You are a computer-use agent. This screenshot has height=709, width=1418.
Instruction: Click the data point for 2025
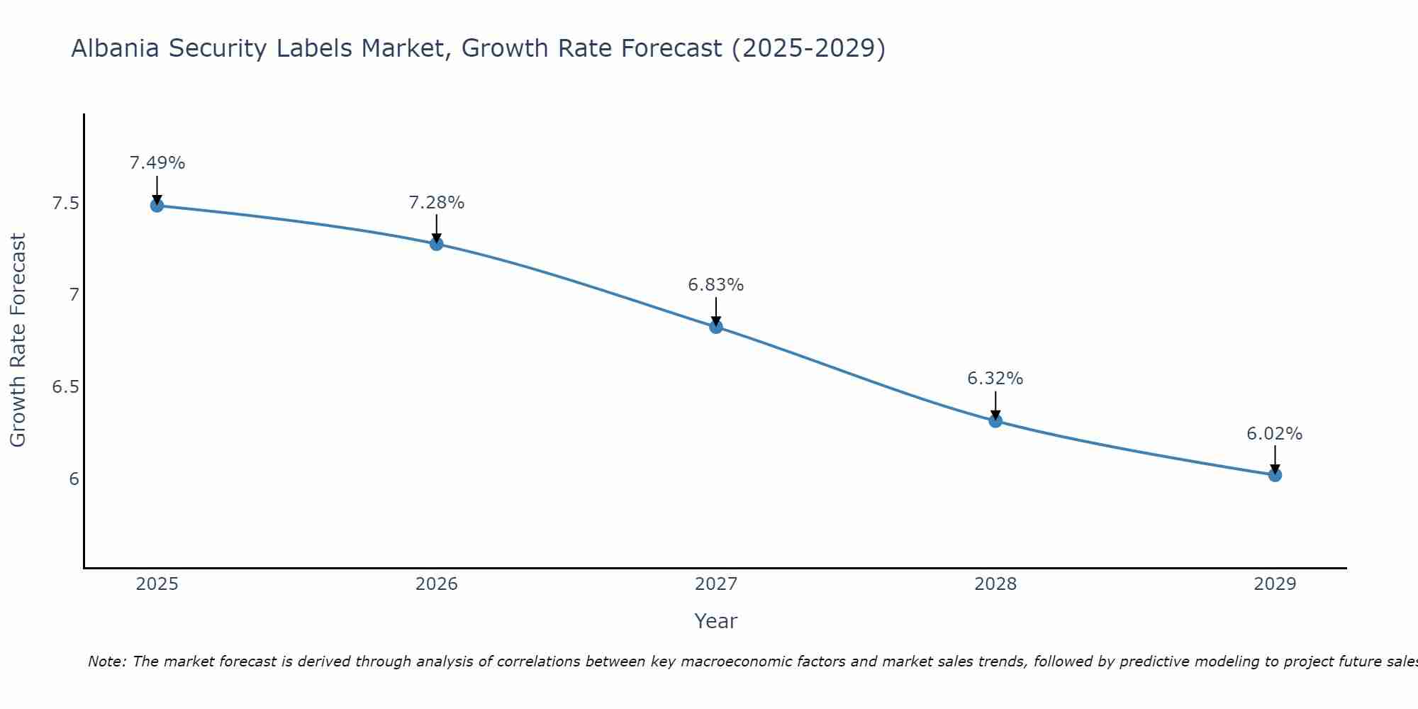[x=157, y=206]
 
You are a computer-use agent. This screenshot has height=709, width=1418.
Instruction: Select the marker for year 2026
[x=437, y=244]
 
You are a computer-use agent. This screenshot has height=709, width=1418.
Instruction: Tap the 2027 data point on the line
[x=716, y=327]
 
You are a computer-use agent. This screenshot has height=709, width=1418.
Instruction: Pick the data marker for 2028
[x=995, y=421]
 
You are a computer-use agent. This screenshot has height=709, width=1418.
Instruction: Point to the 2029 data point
[x=1275, y=475]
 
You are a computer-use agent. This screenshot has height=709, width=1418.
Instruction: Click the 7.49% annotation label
[x=157, y=163]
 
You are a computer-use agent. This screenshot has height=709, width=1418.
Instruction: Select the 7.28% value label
[x=437, y=203]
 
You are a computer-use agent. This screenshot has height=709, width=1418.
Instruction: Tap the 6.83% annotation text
[x=716, y=285]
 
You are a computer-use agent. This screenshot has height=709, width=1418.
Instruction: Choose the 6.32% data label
[x=995, y=379]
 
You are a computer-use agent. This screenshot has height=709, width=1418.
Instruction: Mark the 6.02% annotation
[x=1275, y=434]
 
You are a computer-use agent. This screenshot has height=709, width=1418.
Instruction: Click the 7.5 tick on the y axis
[x=65, y=204]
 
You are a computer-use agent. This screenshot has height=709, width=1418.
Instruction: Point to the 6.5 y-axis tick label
[x=65, y=387]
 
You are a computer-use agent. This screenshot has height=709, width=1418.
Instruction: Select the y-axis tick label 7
[x=74, y=295]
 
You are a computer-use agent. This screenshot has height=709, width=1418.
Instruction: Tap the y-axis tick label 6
[x=74, y=479]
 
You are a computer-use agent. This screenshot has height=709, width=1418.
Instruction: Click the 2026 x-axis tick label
[x=437, y=584]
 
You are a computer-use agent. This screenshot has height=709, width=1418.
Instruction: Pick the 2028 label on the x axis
[x=995, y=584]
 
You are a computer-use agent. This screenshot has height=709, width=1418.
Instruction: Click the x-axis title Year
[x=716, y=621]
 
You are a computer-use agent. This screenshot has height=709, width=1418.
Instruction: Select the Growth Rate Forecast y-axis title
[x=18, y=340]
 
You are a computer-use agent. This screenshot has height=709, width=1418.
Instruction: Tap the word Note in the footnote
[x=106, y=661]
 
